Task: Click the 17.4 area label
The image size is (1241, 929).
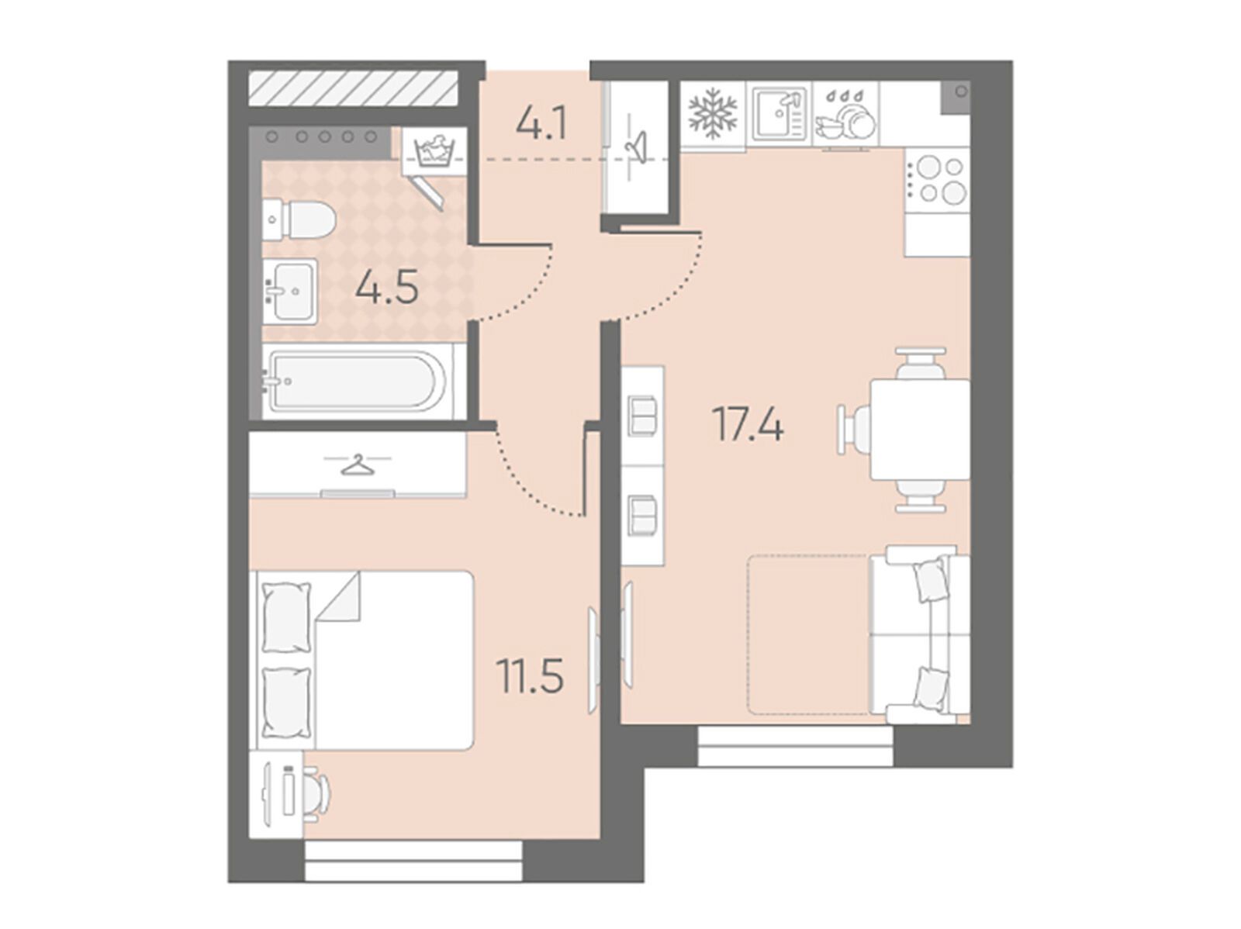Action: point(747,424)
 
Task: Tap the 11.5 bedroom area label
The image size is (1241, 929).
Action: point(530,676)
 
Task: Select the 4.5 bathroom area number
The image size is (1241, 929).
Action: point(387,287)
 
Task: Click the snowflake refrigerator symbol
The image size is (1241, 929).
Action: point(712,113)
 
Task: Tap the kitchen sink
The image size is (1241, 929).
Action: point(779,113)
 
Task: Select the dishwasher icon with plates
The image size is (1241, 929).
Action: point(845,113)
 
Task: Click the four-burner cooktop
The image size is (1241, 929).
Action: point(936,180)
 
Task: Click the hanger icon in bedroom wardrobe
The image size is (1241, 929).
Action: point(358,464)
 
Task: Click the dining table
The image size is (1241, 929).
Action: point(920,430)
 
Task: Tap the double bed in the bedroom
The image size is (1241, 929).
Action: point(365,660)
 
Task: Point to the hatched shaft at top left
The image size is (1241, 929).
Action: point(353,88)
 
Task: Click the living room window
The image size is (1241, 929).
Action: point(796,746)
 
